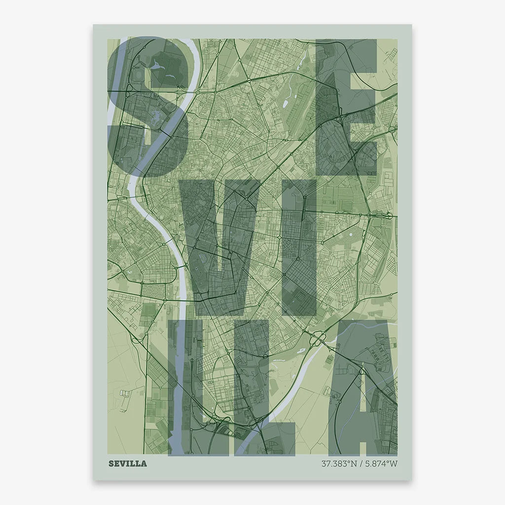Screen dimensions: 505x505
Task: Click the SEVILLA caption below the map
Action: [x=127, y=464]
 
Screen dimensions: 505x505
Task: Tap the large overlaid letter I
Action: [x=299, y=247]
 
